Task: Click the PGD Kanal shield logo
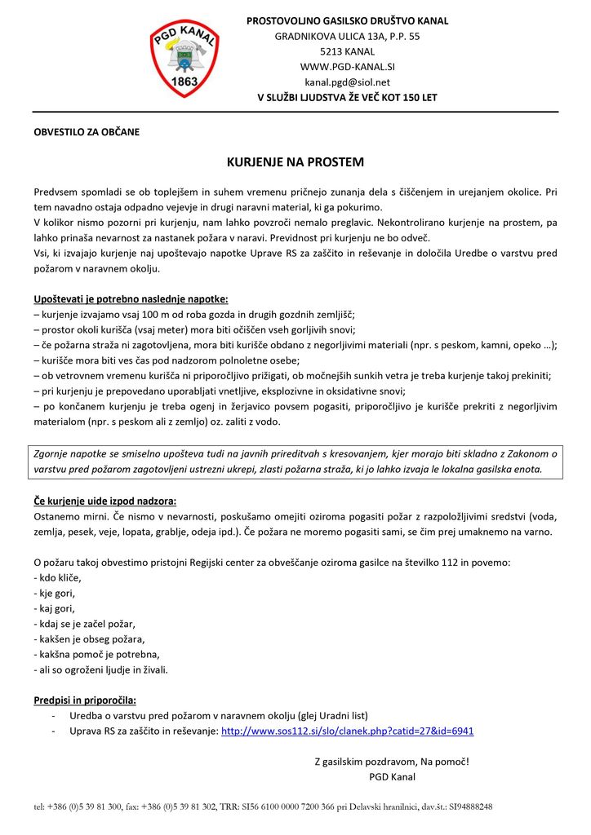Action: [184, 58]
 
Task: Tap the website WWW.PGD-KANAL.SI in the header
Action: [347, 67]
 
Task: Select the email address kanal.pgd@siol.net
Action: [347, 82]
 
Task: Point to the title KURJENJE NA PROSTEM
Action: [295, 162]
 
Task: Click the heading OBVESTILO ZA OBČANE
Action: [87, 132]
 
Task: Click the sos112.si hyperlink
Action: [347, 731]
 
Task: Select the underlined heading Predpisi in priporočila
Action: [85, 700]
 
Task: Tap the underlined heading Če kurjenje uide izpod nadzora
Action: [104, 501]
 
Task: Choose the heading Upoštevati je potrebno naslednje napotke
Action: [131, 299]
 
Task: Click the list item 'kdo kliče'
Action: [58, 578]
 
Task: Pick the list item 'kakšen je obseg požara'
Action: [89, 639]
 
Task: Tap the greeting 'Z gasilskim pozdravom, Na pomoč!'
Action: [392, 762]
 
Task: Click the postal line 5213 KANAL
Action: [347, 51]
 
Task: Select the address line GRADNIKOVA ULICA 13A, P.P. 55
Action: [347, 36]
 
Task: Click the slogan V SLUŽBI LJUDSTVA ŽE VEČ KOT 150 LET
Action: [347, 98]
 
